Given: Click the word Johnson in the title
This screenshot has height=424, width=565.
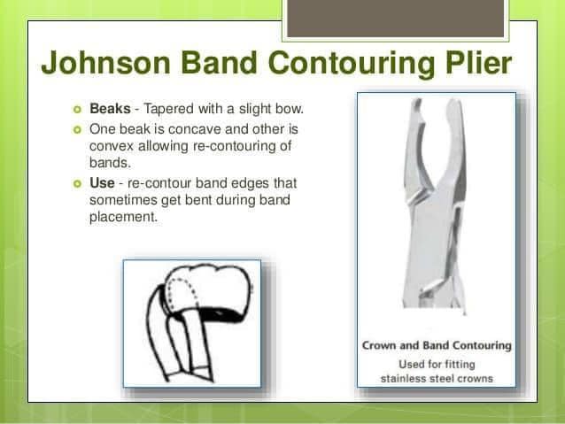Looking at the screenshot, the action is pyautogui.click(x=105, y=63).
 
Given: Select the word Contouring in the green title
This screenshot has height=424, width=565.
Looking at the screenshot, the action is pyautogui.click(x=352, y=64).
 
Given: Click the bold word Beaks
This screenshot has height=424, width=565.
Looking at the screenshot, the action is pyautogui.click(x=110, y=109).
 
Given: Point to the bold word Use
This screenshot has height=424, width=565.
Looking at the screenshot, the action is pyautogui.click(x=102, y=183).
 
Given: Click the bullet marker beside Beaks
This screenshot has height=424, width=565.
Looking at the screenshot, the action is pyautogui.click(x=77, y=109).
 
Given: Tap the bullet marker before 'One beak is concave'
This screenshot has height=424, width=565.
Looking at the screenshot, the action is pyautogui.click(x=77, y=129).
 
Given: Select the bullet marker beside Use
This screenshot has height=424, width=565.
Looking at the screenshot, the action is pyautogui.click(x=77, y=184).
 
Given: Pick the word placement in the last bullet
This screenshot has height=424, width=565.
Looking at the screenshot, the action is pyautogui.click(x=124, y=217).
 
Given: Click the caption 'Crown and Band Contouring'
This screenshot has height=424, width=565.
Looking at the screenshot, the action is pyautogui.click(x=437, y=345).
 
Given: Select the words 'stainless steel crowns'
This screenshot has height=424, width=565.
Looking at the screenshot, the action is pyautogui.click(x=437, y=379).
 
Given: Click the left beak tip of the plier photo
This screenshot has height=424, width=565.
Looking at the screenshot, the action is pyautogui.click(x=417, y=101).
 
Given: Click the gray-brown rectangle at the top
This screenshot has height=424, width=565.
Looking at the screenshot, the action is pyautogui.click(x=396, y=19).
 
